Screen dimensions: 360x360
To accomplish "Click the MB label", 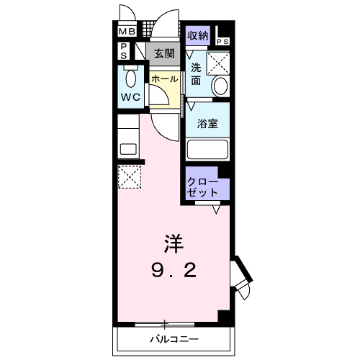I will (127, 32).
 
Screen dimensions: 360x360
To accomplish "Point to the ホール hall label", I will (164, 78).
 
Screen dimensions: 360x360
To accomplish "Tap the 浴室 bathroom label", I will (207, 123).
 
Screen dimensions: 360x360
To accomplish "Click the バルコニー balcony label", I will (174, 338).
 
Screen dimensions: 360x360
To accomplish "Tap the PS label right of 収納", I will (222, 42).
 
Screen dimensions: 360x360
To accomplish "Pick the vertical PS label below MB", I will (124, 52).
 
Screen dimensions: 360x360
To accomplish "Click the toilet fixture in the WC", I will (131, 77).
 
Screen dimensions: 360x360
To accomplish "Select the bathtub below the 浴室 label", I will (207, 150).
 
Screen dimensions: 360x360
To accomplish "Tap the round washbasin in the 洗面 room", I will (221, 87).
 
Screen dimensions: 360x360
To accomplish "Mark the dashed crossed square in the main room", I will (130, 177).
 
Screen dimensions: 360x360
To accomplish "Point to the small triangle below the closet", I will (217, 210).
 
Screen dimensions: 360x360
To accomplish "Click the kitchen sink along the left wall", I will (128, 149).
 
